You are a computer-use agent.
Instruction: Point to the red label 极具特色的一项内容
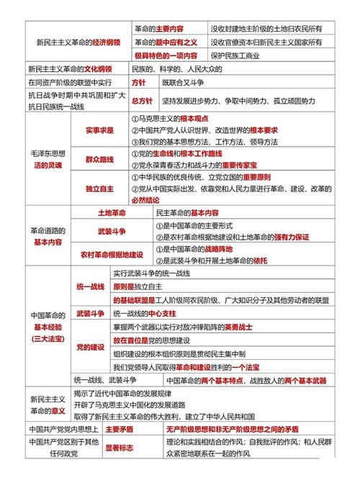(x=166, y=55)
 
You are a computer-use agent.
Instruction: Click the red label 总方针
(x=144, y=101)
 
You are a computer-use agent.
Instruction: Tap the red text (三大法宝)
(x=48, y=338)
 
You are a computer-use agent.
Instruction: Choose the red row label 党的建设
(x=90, y=347)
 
